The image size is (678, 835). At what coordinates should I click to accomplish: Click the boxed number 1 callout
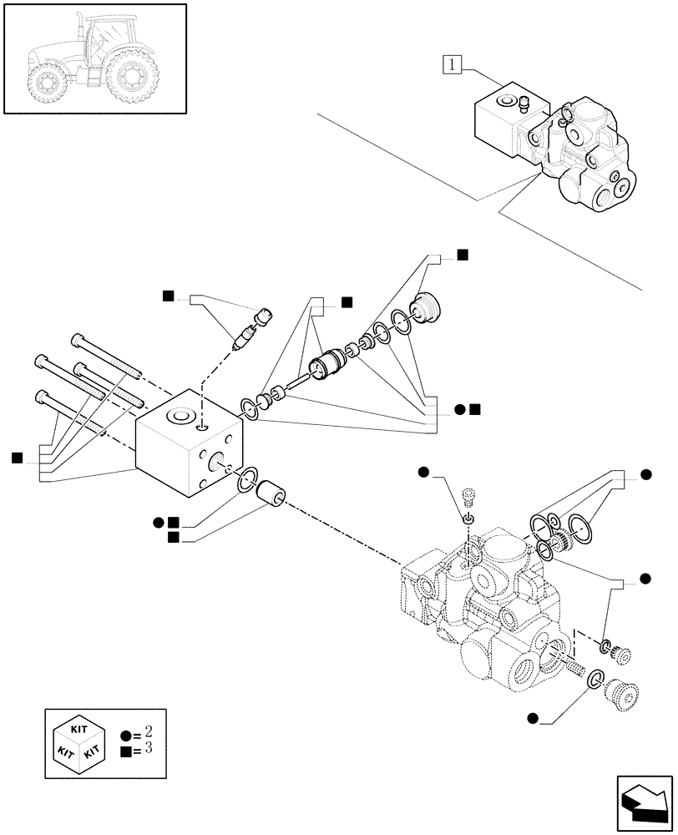(452, 63)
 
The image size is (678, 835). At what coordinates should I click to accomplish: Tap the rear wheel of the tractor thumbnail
(131, 78)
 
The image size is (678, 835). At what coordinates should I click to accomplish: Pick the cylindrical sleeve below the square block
(271, 494)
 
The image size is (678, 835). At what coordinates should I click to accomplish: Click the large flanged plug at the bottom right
(620, 692)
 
